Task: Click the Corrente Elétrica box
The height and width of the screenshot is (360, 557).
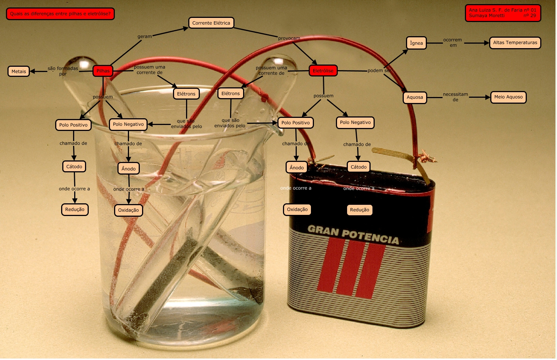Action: (x=211, y=23)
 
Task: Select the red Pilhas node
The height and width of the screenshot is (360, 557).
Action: (x=103, y=71)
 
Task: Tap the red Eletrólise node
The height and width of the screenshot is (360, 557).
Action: (x=323, y=71)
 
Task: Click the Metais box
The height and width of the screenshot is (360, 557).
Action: (x=19, y=71)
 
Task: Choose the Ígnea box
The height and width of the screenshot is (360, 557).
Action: (x=416, y=43)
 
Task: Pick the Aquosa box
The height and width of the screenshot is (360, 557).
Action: (x=415, y=97)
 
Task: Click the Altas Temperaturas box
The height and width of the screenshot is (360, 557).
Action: (x=515, y=43)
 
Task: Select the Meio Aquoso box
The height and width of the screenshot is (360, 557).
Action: (x=508, y=97)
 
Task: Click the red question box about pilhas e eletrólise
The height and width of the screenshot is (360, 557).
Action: (x=60, y=14)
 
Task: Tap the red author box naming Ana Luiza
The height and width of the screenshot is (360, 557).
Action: (x=503, y=13)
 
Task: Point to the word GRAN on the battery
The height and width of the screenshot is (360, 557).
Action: (x=323, y=230)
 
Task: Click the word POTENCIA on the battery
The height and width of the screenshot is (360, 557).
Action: (x=370, y=237)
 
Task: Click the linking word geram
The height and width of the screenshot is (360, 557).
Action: (x=145, y=37)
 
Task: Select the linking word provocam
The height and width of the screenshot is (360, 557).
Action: (x=289, y=38)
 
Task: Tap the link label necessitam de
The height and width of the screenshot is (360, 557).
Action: (x=455, y=97)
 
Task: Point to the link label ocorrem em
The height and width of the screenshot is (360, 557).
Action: (x=453, y=43)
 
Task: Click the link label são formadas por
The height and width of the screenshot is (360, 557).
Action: (x=63, y=71)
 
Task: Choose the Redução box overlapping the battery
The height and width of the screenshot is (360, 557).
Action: (x=359, y=210)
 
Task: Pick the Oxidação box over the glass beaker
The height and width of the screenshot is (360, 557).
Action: (x=128, y=210)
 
